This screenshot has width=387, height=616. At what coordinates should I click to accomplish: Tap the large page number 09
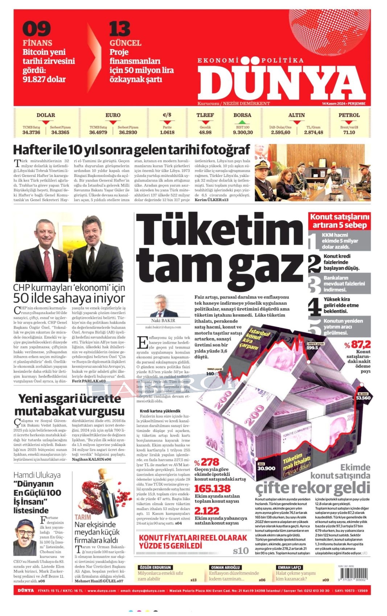[36, 29]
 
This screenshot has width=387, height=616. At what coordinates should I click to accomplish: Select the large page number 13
[120, 29]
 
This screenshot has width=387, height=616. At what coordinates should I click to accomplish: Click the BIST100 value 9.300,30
[243, 133]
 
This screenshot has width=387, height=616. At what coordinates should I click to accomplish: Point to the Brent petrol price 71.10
[349, 133]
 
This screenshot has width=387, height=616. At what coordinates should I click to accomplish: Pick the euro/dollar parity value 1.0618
[167, 133]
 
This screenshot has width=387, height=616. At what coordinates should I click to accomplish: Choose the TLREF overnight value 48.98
[205, 133]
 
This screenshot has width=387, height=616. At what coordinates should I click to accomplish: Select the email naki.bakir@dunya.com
[163, 327]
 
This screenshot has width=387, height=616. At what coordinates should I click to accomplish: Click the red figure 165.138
[213, 488]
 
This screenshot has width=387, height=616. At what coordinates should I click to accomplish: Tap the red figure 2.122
[207, 511]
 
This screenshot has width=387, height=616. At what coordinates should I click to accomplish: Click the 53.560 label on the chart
[363, 398]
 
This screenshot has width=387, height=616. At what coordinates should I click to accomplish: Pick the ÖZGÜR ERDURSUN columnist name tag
[155, 567]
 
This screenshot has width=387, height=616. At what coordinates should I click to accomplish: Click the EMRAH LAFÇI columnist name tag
[289, 567]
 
